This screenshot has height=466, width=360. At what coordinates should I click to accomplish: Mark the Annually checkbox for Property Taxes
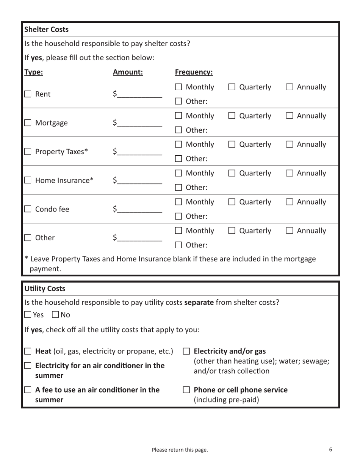tap(290, 145)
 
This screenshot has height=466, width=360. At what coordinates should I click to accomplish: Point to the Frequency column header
tap(194, 72)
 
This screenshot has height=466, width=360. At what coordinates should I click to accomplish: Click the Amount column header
tap(128, 72)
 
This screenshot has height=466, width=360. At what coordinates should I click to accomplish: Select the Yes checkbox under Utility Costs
tap(28, 314)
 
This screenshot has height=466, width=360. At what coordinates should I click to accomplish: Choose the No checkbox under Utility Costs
tap(55, 314)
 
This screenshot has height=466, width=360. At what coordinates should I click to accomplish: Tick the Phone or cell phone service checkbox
tap(186, 390)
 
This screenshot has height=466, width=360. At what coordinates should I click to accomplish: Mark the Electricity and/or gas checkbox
tap(186, 352)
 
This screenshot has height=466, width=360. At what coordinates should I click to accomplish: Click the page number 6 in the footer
tap(330, 450)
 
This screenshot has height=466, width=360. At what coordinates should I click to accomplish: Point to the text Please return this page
tap(180, 450)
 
